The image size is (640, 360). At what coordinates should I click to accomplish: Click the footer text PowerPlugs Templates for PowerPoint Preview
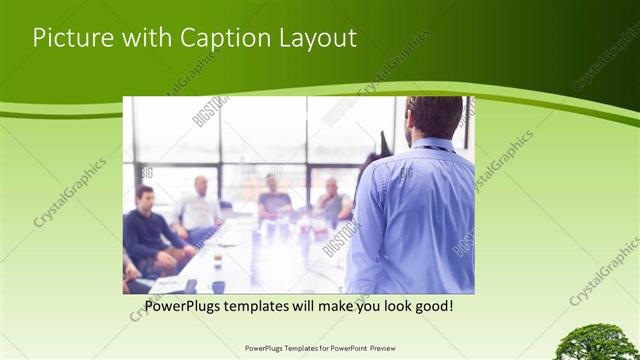319,349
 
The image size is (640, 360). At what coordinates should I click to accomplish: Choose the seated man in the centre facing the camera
273,200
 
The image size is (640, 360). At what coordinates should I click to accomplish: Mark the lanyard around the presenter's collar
432,148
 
